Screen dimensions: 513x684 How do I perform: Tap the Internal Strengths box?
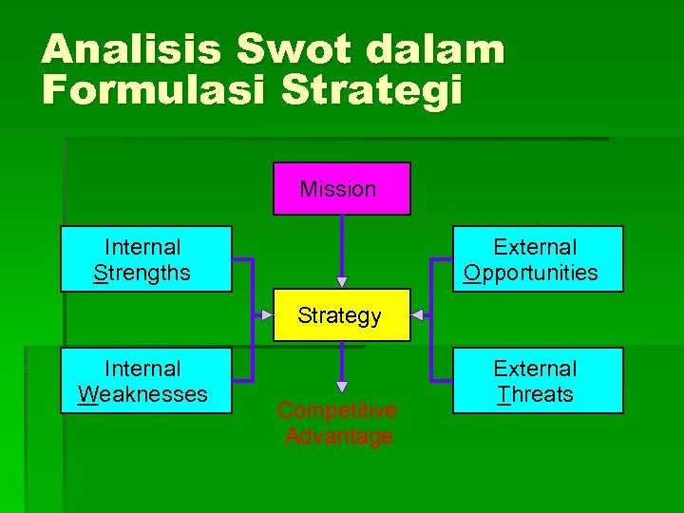coord(146,258)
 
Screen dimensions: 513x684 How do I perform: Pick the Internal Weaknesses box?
coord(146,380)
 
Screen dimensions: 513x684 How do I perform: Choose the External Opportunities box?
coord(538,258)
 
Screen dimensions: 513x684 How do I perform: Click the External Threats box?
coord(538,380)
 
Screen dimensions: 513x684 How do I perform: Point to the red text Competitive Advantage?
coord(336,424)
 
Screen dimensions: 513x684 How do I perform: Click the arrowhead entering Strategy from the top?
coord(342,282)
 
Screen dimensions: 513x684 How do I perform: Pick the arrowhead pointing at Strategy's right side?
coord(416,314)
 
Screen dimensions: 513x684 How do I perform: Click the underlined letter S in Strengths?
coord(100,274)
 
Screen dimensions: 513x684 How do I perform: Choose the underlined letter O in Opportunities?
coord(472,274)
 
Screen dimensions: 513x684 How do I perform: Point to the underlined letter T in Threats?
coord(503,394)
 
